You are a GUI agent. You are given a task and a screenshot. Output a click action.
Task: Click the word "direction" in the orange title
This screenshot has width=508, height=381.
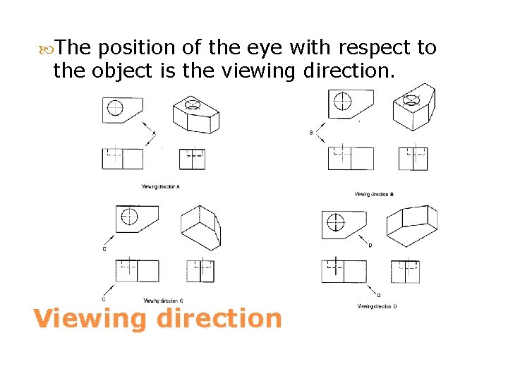pos(219,318)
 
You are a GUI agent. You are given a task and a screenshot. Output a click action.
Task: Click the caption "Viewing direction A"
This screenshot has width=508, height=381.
pos(161,187)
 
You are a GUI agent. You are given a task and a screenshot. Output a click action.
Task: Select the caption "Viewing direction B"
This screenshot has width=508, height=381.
pos(374,194)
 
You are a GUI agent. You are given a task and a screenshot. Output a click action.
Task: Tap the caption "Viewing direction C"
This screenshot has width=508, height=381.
pos(164,301)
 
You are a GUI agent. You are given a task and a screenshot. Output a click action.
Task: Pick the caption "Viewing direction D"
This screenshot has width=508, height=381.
pos(377,306)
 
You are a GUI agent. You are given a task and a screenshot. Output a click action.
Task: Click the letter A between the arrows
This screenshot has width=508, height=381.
pos(155,133)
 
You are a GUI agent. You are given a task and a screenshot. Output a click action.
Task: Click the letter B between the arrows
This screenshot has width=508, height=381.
pos(311,133)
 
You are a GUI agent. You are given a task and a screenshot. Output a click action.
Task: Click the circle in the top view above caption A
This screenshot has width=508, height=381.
pos(115,108)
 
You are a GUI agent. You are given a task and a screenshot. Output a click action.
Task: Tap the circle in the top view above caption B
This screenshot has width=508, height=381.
pos(342,100)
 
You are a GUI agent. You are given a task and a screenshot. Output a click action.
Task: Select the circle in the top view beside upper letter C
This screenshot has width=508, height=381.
pos(129,217)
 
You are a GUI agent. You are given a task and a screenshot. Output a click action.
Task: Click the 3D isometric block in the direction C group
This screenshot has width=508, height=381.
pos(201,227)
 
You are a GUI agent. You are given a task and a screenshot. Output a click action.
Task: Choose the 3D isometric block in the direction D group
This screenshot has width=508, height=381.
pos(413,226)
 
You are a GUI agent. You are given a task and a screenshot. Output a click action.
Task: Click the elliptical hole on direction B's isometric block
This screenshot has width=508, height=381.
pos(412,99)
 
